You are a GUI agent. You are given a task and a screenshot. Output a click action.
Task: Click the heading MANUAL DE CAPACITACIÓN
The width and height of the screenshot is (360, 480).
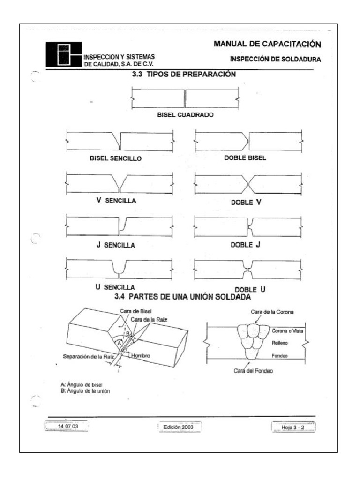(267, 45)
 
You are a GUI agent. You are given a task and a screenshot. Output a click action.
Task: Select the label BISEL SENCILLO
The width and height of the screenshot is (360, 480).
(116, 158)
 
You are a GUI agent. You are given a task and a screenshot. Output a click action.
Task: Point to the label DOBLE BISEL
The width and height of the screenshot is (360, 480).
(245, 157)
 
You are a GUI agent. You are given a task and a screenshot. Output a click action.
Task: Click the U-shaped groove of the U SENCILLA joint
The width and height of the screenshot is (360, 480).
(120, 268)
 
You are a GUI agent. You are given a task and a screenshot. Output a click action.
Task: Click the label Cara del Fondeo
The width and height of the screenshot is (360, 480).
(253, 370)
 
